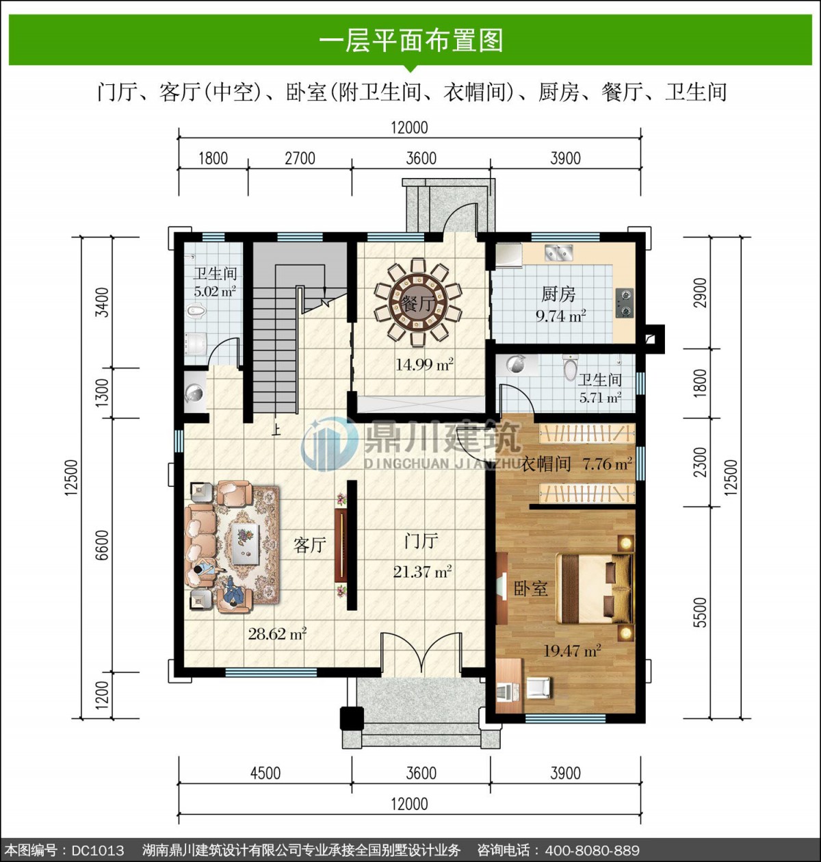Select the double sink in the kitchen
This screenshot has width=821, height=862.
pyautogui.click(x=558, y=252)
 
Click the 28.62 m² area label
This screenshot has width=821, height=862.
pyautogui.click(x=277, y=633)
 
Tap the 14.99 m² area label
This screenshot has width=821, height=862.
pyautogui.click(x=423, y=364)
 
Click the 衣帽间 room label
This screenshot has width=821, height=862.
pyautogui.click(x=546, y=464)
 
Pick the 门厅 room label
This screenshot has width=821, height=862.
pyautogui.click(x=421, y=541)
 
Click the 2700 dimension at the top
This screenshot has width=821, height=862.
pyautogui.click(x=300, y=158)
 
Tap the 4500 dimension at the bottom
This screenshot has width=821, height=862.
pyautogui.click(x=265, y=772)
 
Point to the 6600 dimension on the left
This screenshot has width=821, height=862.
pyautogui.click(x=101, y=545)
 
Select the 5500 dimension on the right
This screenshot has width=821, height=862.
pyautogui.click(x=701, y=612)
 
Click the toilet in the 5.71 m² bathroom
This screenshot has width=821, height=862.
pyautogui.click(x=570, y=367)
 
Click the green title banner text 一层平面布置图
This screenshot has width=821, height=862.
pyautogui.click(x=410, y=41)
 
